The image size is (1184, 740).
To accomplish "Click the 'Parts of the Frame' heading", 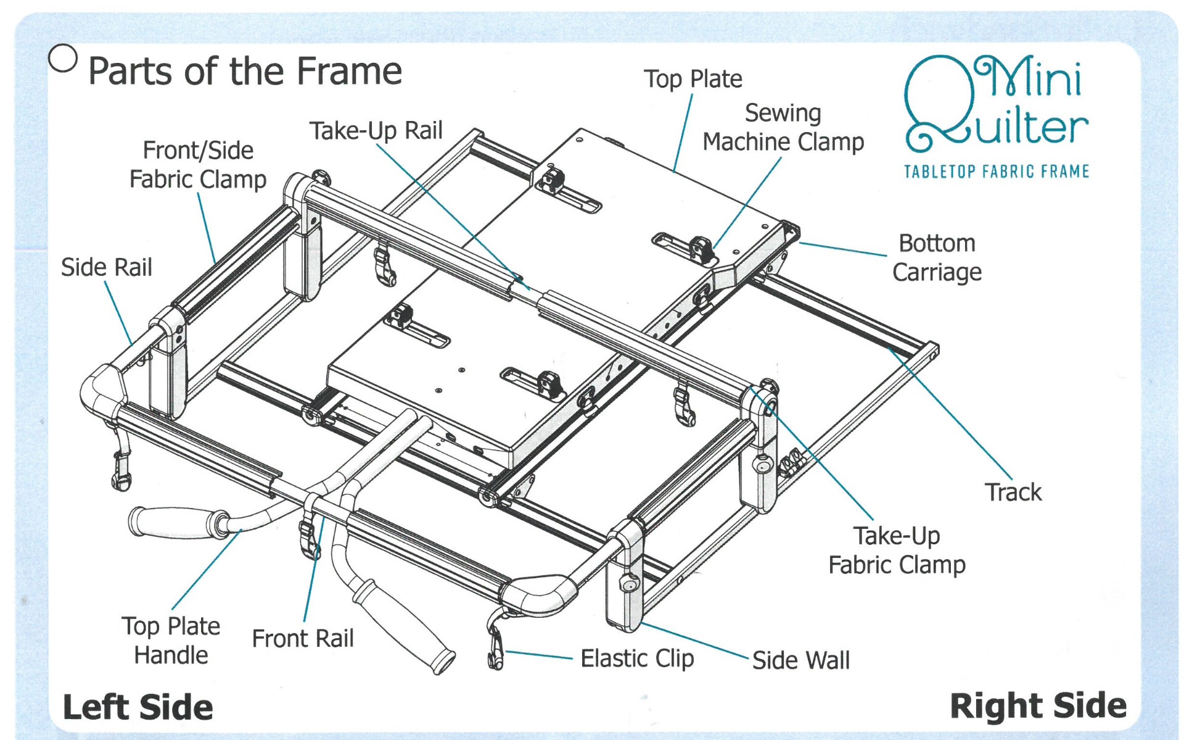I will [245, 71].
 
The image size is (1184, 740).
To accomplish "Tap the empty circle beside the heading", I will [63, 58].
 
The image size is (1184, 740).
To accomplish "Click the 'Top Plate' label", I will [693, 79].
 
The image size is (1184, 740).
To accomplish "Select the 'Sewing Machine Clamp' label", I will [783, 127].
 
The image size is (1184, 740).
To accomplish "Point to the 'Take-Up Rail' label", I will [376, 131].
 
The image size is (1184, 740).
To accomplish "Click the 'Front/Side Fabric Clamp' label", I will [197, 165].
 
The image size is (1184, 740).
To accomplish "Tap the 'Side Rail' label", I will [106, 267].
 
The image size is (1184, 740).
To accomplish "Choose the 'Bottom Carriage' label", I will [936, 257].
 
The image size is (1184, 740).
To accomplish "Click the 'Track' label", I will [1013, 492].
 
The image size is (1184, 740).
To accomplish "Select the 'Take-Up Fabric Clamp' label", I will [896, 550].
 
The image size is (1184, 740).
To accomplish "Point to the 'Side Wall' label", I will [800, 660].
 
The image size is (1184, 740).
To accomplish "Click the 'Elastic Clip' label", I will [637, 658].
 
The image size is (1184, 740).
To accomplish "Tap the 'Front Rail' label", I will [303, 638].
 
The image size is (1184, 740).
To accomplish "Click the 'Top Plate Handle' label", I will [171, 641].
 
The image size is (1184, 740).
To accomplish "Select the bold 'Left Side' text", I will [138, 707].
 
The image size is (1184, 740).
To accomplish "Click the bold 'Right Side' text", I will [1038, 705].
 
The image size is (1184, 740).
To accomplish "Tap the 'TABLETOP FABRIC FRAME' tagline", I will [996, 171].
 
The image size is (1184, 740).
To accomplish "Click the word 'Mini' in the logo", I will [1030, 77].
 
